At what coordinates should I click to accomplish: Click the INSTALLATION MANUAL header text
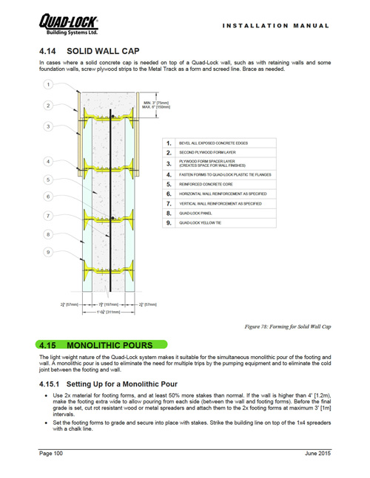(275, 25)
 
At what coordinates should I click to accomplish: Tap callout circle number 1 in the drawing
(48, 85)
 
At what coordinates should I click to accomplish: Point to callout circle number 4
(48, 161)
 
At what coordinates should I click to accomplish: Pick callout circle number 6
(48, 197)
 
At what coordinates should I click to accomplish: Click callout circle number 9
(48, 253)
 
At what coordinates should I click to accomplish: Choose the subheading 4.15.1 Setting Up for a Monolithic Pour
(108, 385)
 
